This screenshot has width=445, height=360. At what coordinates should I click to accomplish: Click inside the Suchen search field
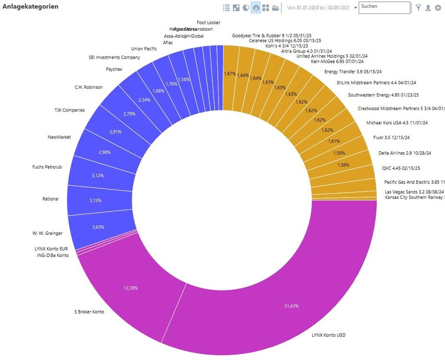coord(384,7)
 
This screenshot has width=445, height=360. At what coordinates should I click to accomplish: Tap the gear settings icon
coord(438,8)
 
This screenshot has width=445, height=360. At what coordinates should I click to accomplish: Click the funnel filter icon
coord(418,8)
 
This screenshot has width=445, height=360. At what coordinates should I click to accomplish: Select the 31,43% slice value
coord(291,306)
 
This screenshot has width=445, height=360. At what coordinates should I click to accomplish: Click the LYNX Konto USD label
coord(328,335)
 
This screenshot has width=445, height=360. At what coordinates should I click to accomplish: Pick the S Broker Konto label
coord(89,312)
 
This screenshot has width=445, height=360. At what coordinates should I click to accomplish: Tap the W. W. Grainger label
coord(47,233)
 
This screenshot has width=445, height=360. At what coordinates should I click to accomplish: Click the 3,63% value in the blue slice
coord(98,227)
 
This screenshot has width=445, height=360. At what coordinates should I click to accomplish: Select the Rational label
coord(50,199)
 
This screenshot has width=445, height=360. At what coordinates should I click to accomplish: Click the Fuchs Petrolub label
coord(47,167)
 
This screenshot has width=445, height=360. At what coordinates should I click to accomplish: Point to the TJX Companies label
coord(70,110)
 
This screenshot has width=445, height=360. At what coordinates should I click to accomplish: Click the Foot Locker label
coord(209,22)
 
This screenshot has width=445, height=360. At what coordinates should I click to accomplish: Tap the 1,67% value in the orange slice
coord(230,74)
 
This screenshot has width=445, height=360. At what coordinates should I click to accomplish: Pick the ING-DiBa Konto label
coord(53,255)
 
